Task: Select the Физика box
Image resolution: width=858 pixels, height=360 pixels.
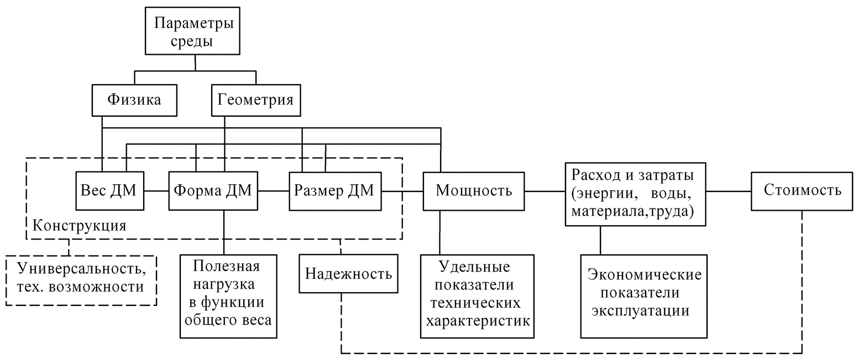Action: [134, 100]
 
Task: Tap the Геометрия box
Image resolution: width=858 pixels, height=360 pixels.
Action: [255, 100]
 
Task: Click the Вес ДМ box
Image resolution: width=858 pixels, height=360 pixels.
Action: [109, 191]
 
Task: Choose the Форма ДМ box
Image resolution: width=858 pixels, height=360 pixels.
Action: [213, 191]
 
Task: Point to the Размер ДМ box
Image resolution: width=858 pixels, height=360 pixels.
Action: [334, 191]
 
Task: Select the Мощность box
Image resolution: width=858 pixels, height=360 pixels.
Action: [473, 191]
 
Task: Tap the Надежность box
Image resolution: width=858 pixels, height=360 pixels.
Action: [348, 274]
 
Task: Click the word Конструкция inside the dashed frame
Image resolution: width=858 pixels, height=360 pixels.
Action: [80, 226]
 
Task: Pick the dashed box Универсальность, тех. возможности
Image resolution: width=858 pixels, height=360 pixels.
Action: [82, 279]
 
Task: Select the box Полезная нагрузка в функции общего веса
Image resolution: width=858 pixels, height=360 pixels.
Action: [227, 296]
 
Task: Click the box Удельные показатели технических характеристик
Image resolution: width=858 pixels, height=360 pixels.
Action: [477, 296]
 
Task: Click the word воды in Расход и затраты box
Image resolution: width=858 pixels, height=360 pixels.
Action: [672, 195]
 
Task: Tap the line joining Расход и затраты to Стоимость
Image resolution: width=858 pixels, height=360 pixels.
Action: [728, 191]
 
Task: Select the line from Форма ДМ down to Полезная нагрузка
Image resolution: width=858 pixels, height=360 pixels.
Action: [224, 232]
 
